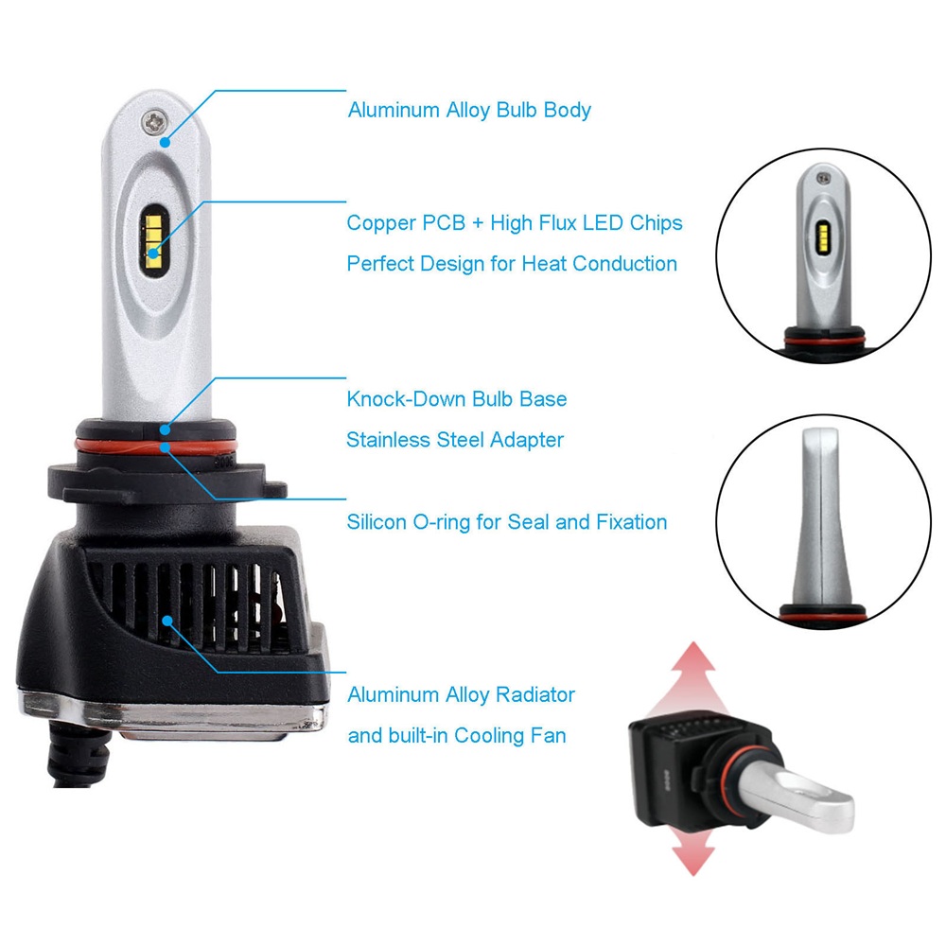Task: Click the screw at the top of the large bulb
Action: (x=154, y=121)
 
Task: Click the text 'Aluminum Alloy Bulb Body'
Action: (x=469, y=111)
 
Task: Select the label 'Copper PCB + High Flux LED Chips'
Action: (x=515, y=223)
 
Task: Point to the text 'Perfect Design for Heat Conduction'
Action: (x=512, y=264)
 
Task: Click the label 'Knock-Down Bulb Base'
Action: (x=457, y=399)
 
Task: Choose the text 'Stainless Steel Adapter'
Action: (x=455, y=440)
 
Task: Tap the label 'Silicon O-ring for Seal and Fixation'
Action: (x=507, y=522)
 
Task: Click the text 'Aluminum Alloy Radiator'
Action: (x=461, y=695)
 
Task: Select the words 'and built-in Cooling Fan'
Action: (x=457, y=735)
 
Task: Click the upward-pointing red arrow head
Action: (x=693, y=657)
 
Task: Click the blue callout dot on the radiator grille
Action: (x=167, y=621)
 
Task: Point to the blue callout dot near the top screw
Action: (x=165, y=143)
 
